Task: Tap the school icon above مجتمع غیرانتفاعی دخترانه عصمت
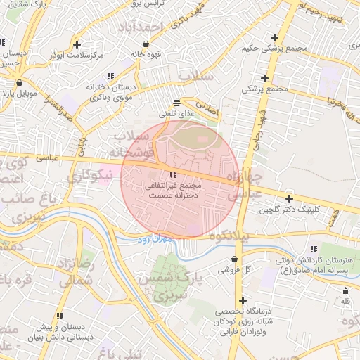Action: tap(173, 174)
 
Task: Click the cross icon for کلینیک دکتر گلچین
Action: tap(289, 198)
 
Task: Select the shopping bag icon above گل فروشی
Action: tap(233, 259)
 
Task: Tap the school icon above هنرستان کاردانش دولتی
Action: tap(313, 249)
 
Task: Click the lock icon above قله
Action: tap(345, 290)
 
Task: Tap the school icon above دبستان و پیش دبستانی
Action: tap(60, 316)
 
